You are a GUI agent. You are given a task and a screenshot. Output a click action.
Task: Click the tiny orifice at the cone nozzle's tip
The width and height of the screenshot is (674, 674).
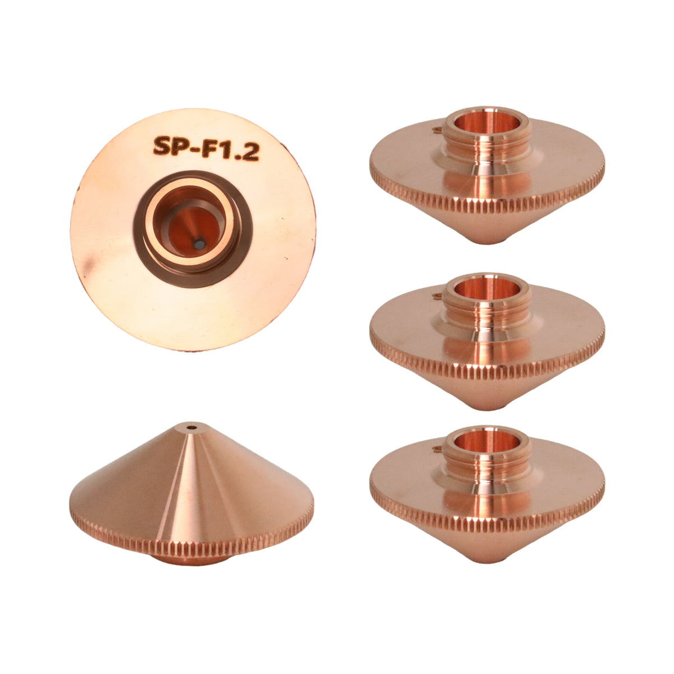(x=192, y=427)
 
